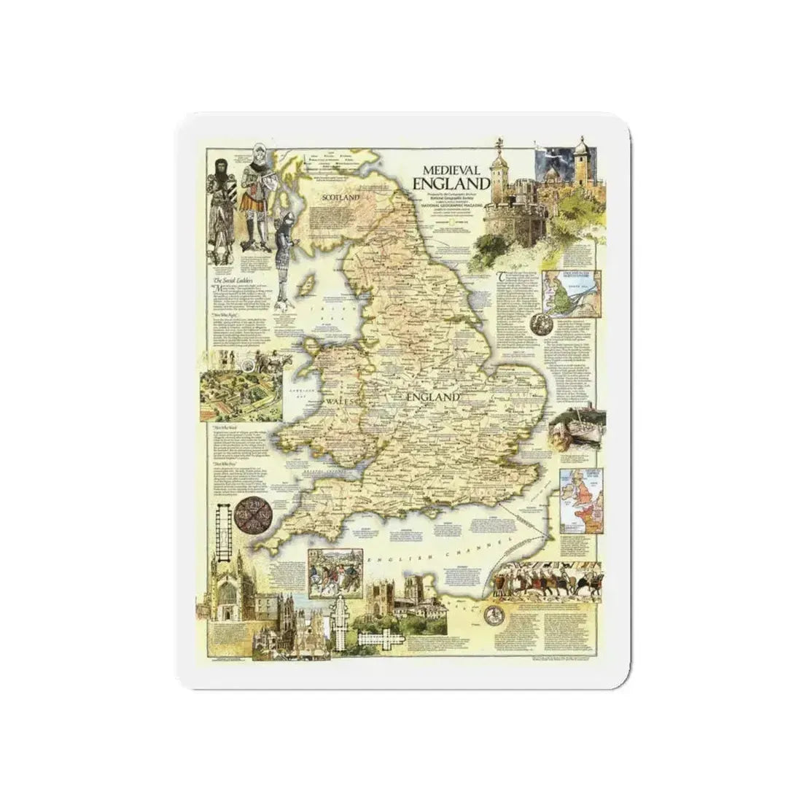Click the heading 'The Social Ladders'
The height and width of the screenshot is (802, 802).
coord(233,281)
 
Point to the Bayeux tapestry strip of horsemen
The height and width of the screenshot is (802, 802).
coord(547,580)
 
